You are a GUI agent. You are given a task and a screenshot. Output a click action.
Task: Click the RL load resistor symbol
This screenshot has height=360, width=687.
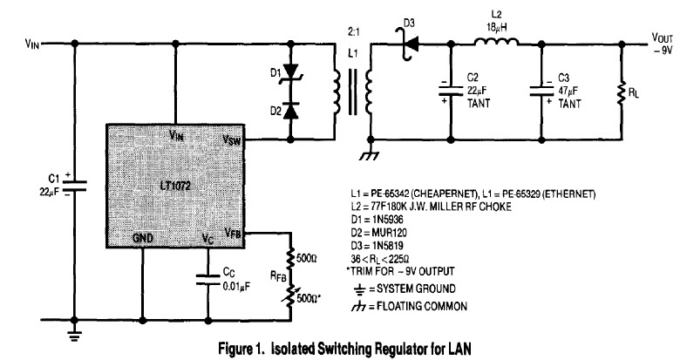click(x=621, y=91)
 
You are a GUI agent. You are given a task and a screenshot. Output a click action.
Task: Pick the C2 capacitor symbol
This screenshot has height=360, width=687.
click(x=451, y=90)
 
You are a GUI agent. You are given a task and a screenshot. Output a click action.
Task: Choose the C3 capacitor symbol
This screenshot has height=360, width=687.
click(x=541, y=90)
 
